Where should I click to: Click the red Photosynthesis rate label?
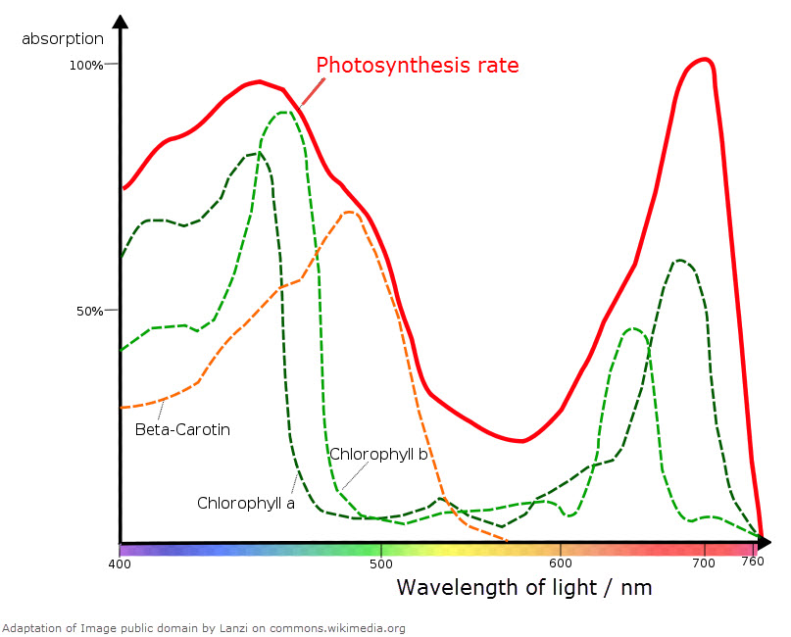(x=417, y=67)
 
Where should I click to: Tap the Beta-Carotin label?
(x=182, y=429)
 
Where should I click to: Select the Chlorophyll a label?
(x=246, y=503)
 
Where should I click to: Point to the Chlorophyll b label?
(x=378, y=454)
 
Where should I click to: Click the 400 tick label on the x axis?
(x=120, y=564)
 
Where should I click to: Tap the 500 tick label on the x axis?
(x=381, y=564)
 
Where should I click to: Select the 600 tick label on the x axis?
(x=560, y=564)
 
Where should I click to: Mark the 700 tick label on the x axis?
(x=704, y=564)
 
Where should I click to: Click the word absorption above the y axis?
(x=63, y=39)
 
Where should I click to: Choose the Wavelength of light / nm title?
(x=523, y=588)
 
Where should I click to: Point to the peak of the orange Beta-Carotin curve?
(x=349, y=212)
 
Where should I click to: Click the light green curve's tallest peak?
(x=284, y=112)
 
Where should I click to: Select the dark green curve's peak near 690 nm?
(x=678, y=260)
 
